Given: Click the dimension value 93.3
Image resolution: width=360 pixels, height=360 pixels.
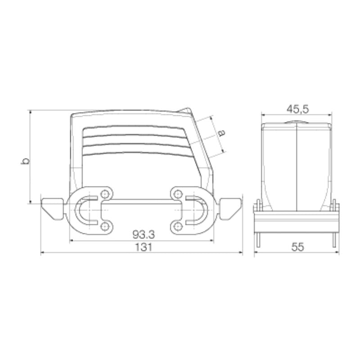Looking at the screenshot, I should click(143, 234).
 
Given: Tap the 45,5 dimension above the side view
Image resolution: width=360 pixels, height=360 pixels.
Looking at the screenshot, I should click(297, 109).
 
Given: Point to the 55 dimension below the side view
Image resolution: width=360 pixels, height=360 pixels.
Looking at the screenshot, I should click(297, 247).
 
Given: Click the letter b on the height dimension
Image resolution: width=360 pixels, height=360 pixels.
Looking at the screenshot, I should click(26, 161).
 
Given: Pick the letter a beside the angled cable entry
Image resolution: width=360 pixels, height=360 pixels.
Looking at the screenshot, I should click(221, 133).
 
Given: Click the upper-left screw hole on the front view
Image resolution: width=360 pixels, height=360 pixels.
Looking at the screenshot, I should click(105, 194).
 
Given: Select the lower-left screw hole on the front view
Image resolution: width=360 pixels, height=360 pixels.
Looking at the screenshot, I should click(105, 225).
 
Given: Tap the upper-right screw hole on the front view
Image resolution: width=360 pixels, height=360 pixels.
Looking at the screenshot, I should click(179, 194).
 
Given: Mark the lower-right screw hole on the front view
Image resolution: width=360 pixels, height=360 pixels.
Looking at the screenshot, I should click(179, 225).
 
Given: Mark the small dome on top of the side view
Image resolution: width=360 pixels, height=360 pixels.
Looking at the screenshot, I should click(297, 121).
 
